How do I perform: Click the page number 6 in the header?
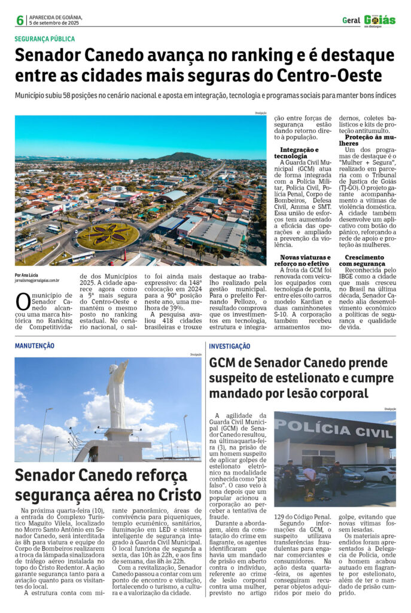(x=20, y=20)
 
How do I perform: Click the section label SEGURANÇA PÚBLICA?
(x=45, y=39)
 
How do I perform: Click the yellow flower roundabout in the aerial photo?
(x=108, y=235)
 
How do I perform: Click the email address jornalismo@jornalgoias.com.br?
(x=37, y=280)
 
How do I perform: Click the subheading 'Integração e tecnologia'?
(x=299, y=152)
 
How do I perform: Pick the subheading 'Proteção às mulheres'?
(x=363, y=140)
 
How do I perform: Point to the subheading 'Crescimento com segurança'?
(x=361, y=260)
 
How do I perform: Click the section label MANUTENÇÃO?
(x=34, y=345)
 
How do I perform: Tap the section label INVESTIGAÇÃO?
(x=230, y=346)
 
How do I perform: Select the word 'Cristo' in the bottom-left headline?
(x=173, y=494)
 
